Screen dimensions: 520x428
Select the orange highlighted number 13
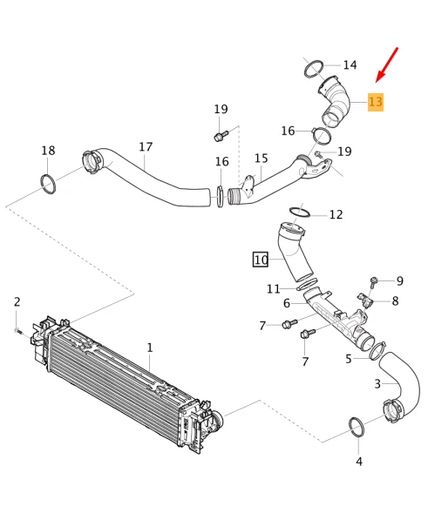[376, 102]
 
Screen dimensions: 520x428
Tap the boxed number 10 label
[261, 260]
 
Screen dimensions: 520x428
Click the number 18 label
[48, 151]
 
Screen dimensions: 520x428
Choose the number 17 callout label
[146, 147]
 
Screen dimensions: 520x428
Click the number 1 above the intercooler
[149, 348]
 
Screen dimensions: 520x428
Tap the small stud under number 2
[17, 330]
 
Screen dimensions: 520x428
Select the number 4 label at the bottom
[358, 461]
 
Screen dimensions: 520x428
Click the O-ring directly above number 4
[357, 427]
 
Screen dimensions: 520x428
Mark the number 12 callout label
[336, 214]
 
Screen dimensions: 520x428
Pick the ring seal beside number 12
[299, 213]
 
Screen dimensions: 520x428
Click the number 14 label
[350, 65]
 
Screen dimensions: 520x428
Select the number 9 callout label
[400, 280]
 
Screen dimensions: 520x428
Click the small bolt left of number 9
[373, 281]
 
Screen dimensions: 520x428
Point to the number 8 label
[395, 301]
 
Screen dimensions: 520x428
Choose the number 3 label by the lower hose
[377, 383]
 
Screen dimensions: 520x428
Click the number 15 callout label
[261, 158]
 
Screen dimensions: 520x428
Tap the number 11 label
[274, 288]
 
